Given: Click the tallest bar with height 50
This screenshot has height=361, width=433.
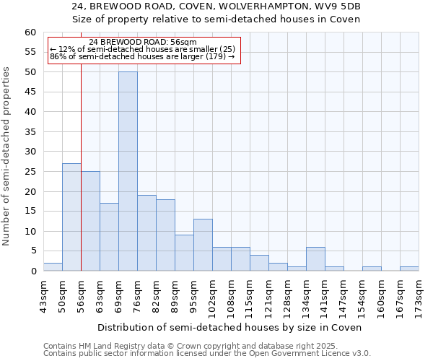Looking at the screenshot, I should point(128,171).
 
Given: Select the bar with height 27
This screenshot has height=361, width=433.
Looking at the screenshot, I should point(71,217).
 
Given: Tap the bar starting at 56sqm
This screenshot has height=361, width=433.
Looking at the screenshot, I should point(90,221).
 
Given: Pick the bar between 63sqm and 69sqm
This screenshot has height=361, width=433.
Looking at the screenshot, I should point(109,237).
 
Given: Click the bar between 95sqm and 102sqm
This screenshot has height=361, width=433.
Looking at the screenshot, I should point(203,245).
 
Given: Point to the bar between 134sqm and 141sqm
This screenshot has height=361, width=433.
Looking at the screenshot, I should point(315,258).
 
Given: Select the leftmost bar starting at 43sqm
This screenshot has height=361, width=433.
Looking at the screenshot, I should point(53,266).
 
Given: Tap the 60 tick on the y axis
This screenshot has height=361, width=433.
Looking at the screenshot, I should point(30,32).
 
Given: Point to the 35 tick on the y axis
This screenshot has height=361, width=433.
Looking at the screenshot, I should point(30,132).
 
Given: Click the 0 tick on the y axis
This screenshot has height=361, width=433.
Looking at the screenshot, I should point(33,271).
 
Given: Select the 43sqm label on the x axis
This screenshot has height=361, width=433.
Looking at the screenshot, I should point(43,295).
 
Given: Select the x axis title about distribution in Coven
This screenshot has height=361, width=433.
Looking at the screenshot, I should point(231,327).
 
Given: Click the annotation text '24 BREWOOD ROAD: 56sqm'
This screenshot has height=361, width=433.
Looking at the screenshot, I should point(143,43).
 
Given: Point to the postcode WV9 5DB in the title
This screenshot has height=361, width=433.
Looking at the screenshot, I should point(338,6).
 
